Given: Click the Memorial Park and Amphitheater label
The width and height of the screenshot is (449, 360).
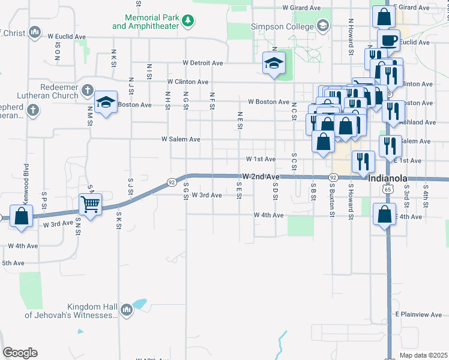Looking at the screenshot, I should [x=146, y=22].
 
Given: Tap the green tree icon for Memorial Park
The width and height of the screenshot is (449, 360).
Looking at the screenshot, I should [x=188, y=22].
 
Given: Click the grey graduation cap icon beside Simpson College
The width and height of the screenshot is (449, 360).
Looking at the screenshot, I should [x=323, y=25].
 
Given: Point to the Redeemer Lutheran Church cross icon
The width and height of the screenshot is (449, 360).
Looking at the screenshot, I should [x=87, y=91].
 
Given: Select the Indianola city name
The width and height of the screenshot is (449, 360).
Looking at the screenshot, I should [x=388, y=179].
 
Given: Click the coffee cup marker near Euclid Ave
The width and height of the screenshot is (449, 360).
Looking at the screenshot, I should [x=388, y=40].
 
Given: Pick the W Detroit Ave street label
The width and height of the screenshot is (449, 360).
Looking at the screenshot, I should [x=203, y=63].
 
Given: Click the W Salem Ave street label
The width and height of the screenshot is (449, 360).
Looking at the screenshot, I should [x=181, y=139].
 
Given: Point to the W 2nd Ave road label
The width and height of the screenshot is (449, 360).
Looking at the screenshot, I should [x=261, y=177].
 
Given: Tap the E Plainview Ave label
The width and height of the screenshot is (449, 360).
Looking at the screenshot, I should [x=418, y=314].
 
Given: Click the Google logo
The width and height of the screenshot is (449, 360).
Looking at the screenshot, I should [x=20, y=353].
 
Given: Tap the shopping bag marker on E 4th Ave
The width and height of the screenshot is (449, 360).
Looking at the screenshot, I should [x=384, y=214].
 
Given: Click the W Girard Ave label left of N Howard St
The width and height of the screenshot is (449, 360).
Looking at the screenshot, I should [x=301, y=8].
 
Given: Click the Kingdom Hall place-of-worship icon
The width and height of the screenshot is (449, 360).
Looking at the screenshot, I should [x=126, y=310].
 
